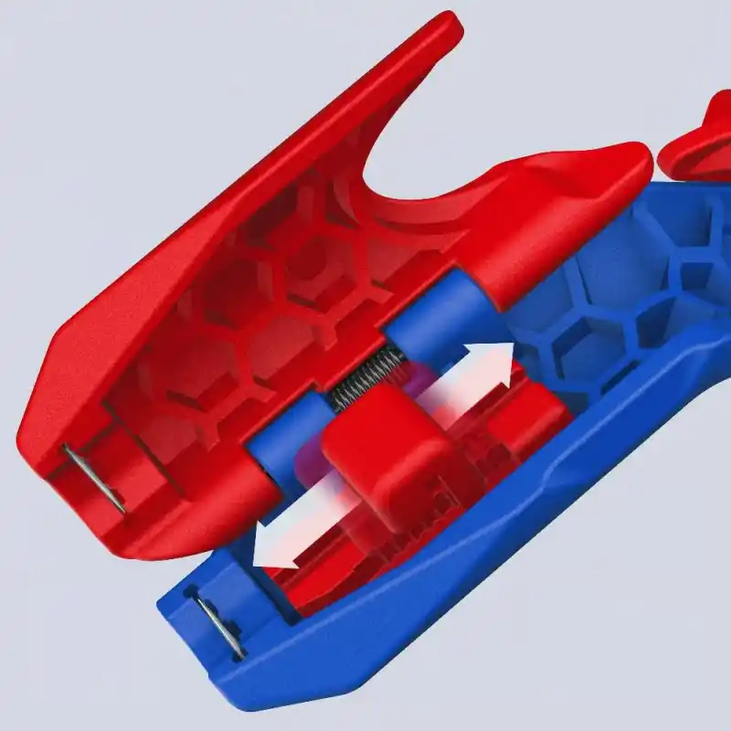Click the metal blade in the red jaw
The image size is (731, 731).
95,478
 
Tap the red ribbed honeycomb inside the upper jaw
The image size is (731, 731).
274,302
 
